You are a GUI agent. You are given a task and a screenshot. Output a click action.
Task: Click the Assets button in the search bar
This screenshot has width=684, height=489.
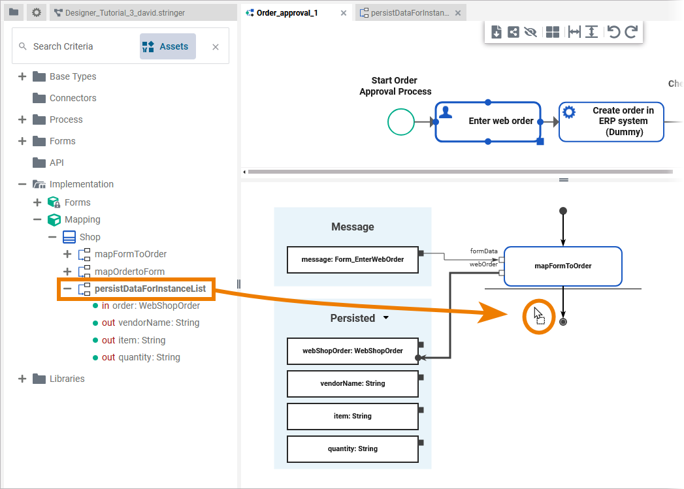coord(168,46)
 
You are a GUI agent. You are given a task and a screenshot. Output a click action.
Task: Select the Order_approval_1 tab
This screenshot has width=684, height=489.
coord(287,13)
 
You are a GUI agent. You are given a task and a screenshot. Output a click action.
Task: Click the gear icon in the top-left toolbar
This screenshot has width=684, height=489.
coord(37,12)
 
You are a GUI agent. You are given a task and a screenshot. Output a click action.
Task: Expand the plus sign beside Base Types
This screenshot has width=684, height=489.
coord(22,76)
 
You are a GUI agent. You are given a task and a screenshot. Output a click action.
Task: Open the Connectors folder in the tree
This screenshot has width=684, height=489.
coord(73,98)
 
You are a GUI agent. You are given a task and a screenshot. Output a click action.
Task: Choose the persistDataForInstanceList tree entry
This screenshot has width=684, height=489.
coord(150,289)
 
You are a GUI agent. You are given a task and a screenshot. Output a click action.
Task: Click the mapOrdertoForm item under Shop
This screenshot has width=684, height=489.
coord(129,272)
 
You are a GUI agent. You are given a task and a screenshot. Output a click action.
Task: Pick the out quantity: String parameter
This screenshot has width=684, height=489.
coord(141,357)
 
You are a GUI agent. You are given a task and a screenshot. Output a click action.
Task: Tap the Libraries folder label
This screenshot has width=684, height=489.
coord(67,379)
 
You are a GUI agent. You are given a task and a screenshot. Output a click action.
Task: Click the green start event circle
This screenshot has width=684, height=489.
coord(400,121)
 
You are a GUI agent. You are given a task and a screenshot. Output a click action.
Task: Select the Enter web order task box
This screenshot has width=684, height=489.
coord(488,121)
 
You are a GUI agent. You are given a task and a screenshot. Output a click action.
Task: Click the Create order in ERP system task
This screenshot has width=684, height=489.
coord(611,121)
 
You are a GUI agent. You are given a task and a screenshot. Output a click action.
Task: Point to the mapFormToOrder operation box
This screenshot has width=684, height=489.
coord(562,266)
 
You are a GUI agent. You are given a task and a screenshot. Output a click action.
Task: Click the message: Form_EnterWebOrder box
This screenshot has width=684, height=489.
coord(352,259)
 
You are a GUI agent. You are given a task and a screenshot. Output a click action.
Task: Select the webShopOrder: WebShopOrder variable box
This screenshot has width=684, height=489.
coord(352,351)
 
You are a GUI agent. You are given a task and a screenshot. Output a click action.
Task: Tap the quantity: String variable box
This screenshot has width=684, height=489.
coord(352,449)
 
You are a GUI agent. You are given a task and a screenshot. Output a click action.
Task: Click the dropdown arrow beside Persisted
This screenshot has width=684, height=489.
coord(385,318)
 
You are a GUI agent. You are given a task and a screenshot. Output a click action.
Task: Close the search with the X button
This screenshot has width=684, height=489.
coord(216,47)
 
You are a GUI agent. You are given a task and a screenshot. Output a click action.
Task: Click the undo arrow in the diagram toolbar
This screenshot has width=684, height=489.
coord(613,32)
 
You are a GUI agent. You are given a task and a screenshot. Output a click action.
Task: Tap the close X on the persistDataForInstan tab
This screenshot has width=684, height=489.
coord(458,13)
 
